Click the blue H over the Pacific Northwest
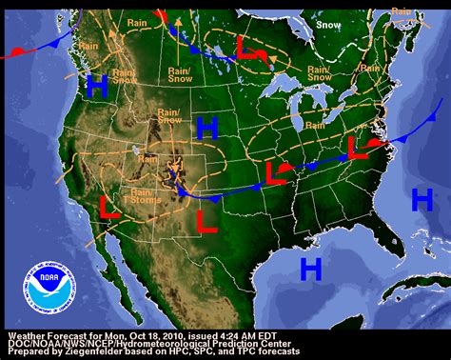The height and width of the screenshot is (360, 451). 96,86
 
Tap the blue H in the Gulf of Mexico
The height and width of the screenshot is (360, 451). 310,269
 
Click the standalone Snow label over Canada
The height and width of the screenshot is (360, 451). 328,25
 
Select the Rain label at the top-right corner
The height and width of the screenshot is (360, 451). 403,11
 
